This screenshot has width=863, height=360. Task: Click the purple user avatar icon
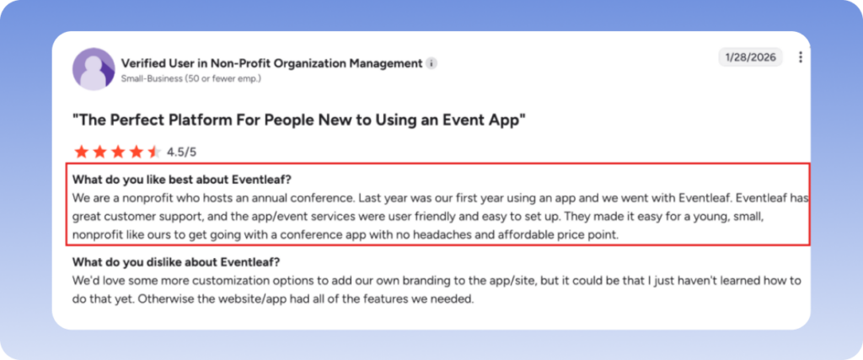pos(94,69)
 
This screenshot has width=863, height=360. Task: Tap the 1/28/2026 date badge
pos(750,57)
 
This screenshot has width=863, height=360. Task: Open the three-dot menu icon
pos(801,57)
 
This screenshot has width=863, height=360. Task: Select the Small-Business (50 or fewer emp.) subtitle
pos(191,78)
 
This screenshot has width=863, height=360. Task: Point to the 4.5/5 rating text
pos(183,152)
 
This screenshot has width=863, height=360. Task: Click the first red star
pos(81,152)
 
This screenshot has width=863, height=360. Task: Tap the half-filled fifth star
pos(155,152)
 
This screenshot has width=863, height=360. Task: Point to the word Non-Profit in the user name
pos(251,63)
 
